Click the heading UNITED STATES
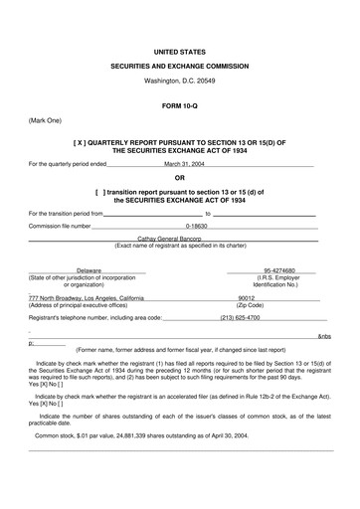click(179, 49)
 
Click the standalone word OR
click(180, 178)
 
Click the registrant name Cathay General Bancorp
click(179, 238)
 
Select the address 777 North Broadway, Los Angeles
click(87, 297)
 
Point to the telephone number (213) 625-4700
click(240, 318)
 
